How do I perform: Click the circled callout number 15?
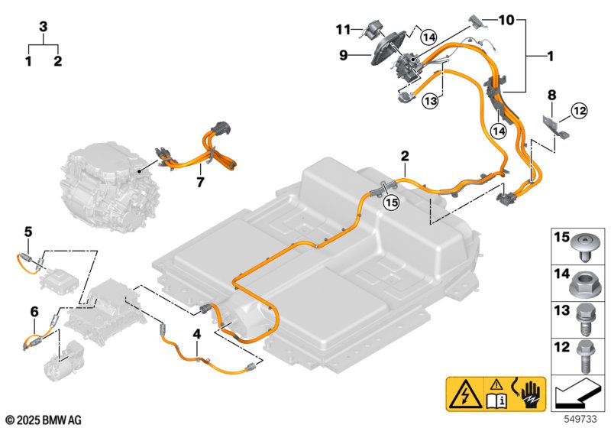coord(391,203)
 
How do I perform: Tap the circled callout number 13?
coord(430,102)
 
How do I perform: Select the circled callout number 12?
coord(578,112)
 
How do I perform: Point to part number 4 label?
coord(196,334)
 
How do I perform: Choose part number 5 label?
coord(28,231)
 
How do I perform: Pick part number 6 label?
coord(34,311)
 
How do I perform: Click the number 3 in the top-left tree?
coord(44,27)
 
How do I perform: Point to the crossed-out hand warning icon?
coord(529,394)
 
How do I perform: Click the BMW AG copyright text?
coord(43,420)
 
